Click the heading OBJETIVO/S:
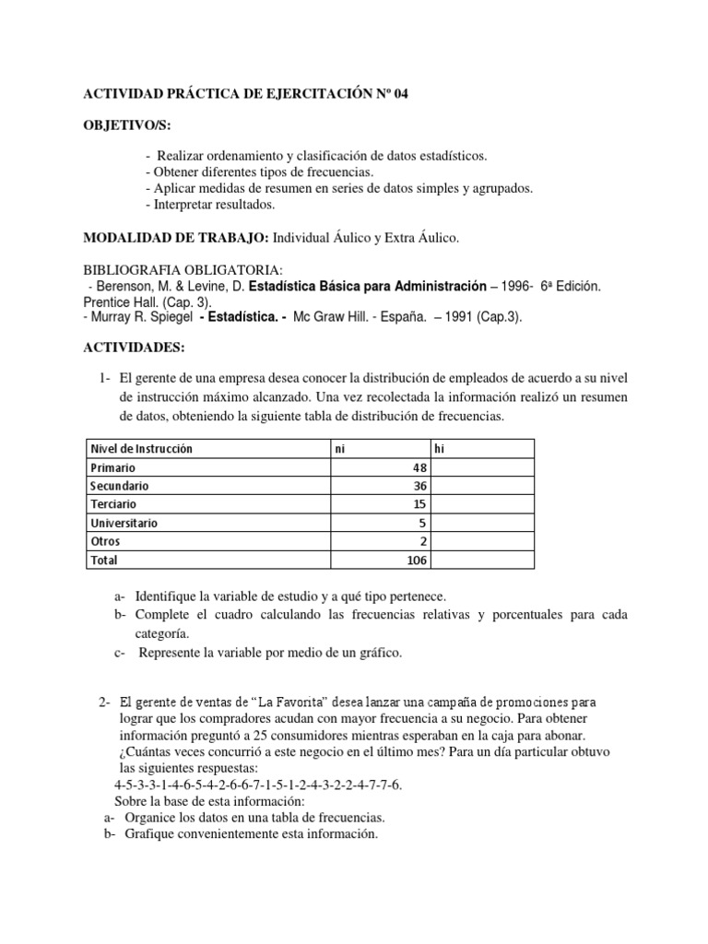[x=121, y=124]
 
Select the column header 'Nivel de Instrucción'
[x=141, y=449]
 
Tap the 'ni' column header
[x=340, y=449]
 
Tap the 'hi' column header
[x=441, y=449]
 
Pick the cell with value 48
[x=419, y=467]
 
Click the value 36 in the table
[x=419, y=486]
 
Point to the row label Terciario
[x=113, y=504]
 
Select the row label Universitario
[x=124, y=523]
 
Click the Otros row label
[x=105, y=541]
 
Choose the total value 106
[x=416, y=560]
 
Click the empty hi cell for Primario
[x=482, y=467]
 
